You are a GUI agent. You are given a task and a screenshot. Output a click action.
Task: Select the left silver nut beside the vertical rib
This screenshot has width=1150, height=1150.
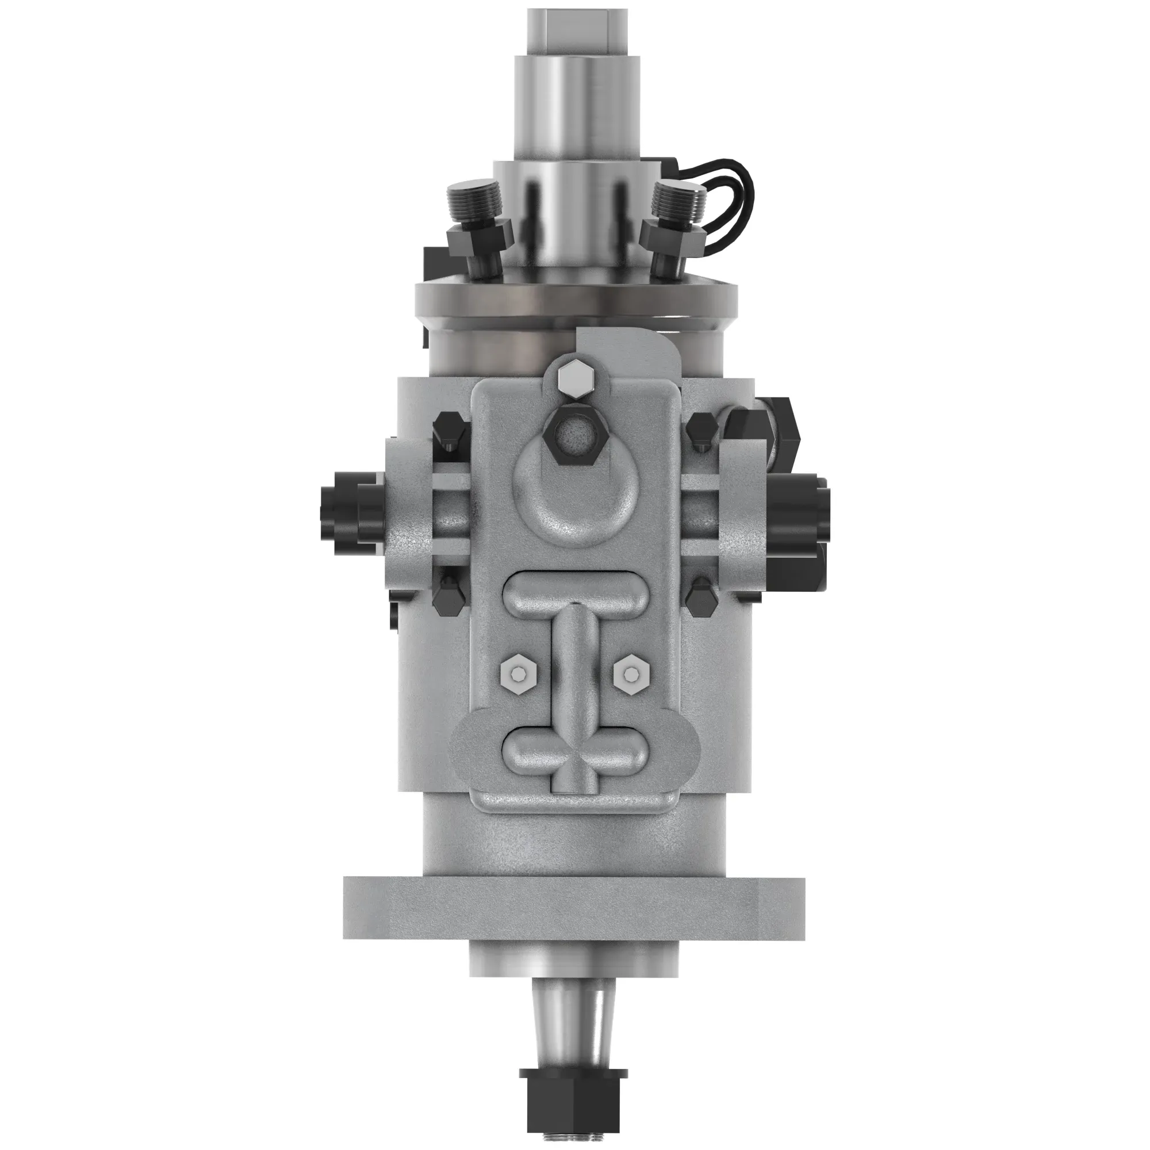[x=519, y=673]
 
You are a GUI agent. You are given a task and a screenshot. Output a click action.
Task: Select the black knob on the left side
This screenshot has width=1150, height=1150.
[x=343, y=512]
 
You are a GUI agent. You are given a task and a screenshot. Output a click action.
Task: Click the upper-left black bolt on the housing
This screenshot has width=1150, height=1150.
[x=447, y=430]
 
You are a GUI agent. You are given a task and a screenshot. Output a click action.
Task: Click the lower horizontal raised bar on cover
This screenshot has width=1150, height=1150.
[x=574, y=750]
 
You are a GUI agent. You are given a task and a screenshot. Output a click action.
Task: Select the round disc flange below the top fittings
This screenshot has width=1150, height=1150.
[x=575, y=294]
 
